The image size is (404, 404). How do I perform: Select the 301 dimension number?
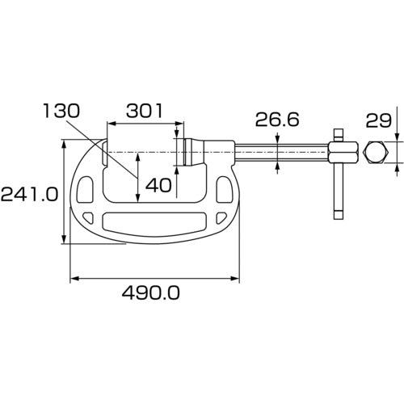point(145,108)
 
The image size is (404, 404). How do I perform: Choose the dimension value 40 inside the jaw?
point(158,185)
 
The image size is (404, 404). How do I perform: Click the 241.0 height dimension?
point(30,194)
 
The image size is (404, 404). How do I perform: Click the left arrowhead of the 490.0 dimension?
point(75,279)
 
